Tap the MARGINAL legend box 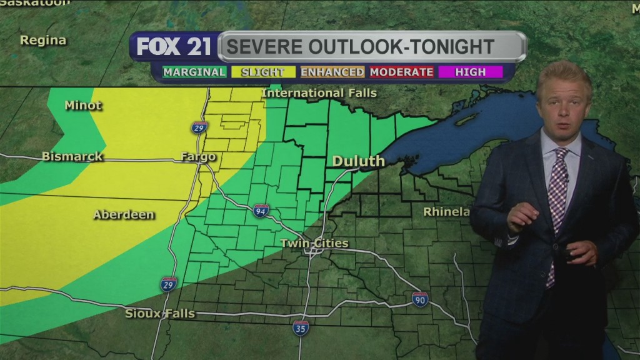click(194, 72)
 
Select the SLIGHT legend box click(262, 72)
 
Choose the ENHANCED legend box click(332, 72)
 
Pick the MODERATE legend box click(401, 72)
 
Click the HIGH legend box click(470, 72)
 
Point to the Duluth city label click(358, 161)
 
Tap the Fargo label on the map click(198, 156)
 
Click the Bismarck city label click(72, 156)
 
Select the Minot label click(83, 105)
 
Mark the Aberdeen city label click(124, 214)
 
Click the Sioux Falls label click(160, 313)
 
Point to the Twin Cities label click(314, 243)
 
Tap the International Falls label click(319, 93)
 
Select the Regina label click(42, 40)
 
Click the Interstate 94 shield click(261, 211)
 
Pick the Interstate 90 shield click(420, 299)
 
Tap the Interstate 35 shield click(301, 327)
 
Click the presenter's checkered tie click(556, 194)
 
